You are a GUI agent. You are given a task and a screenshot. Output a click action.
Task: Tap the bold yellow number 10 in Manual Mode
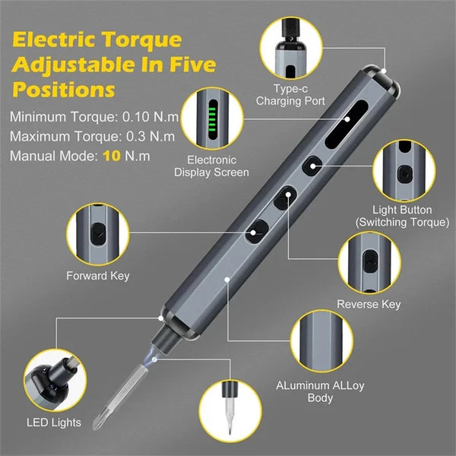112,155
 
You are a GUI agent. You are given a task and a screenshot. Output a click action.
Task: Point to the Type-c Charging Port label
289,95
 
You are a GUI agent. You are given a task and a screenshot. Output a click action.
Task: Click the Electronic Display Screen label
211,166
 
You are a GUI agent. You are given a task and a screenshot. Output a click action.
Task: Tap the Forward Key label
97,275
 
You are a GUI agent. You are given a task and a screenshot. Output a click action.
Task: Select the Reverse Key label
368,305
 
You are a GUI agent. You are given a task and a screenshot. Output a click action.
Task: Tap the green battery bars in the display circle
211,118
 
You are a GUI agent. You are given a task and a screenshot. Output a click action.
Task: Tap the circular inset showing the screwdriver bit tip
227,407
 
